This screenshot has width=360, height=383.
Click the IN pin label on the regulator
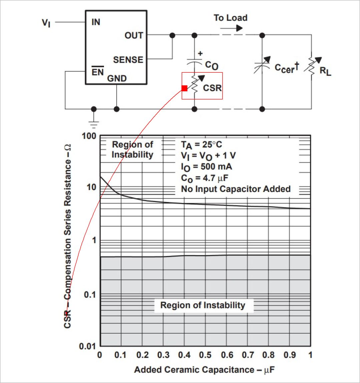(96, 22)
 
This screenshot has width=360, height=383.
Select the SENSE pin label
(128, 60)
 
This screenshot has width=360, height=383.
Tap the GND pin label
(117, 78)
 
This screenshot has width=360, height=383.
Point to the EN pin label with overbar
(98, 71)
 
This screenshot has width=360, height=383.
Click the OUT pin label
(134, 35)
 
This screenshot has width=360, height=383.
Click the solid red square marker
(185, 88)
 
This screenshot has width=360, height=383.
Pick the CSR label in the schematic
(212, 88)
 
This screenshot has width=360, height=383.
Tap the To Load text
(231, 18)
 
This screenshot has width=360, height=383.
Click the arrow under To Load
(231, 28)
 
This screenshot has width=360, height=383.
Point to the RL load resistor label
(325, 71)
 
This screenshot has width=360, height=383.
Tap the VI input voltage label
(46, 23)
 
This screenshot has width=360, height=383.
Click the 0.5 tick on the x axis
(205, 355)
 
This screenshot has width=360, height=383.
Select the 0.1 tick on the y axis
(90, 295)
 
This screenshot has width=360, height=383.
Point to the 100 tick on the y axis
(89, 136)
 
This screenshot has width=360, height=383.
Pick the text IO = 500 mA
(206, 167)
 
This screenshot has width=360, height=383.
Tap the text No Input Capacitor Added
(236, 189)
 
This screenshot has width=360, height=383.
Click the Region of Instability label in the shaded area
(203, 305)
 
